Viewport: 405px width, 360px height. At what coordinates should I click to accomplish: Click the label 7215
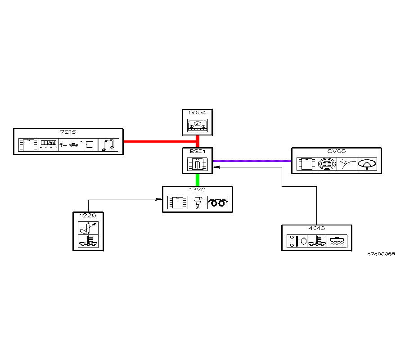coord(68,132)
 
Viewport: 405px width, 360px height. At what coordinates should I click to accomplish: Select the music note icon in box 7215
coord(108,144)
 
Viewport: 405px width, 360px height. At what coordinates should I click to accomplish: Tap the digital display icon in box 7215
coord(49,144)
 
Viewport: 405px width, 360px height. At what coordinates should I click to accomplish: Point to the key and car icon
coord(69,144)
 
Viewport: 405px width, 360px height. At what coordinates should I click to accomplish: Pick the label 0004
coord(198,112)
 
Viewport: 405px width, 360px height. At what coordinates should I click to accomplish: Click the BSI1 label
coord(198,151)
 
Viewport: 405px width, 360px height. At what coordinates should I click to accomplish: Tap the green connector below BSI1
coord(198,180)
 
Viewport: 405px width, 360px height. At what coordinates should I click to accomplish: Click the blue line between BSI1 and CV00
coord(252,161)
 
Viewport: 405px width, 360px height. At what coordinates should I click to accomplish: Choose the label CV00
coord(336,152)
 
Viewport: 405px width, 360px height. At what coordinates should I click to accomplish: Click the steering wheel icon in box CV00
coord(367,164)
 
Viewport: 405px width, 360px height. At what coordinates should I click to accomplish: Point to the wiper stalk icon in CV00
coord(347,164)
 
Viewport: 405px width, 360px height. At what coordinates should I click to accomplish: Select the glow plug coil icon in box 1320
coord(218,203)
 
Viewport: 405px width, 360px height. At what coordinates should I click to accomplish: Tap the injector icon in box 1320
coord(198,203)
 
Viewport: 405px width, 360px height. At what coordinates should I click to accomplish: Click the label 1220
coord(88,216)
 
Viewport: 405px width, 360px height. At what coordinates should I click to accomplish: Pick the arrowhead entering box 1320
coord(159,199)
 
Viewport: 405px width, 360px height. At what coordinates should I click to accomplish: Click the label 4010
coord(316,228)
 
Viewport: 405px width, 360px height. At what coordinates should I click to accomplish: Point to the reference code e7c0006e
coord(381,254)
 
